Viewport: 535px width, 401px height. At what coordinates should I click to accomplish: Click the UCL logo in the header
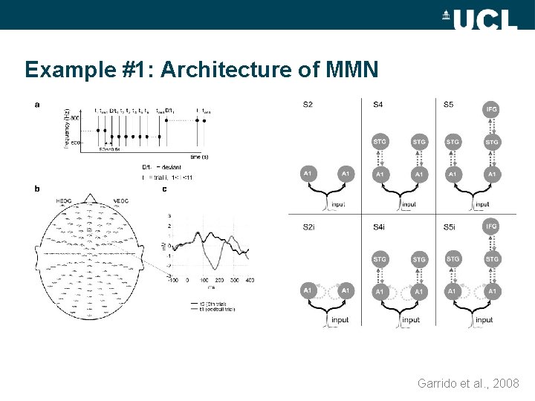480,16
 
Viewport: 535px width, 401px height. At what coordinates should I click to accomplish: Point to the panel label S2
308,104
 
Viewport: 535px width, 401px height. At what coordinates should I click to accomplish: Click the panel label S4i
380,226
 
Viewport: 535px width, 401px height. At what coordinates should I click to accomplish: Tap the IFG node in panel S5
491,110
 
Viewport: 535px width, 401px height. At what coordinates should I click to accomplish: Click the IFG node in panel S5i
491,226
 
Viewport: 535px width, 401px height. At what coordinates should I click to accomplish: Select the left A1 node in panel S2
308,174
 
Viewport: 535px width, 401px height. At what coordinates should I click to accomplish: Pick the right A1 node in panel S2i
345,291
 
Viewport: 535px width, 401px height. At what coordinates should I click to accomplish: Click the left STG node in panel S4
380,141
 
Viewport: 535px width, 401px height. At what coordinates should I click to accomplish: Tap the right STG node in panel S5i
491,259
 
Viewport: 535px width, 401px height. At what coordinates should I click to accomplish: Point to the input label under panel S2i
340,320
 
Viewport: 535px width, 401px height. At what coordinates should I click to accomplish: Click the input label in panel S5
482,204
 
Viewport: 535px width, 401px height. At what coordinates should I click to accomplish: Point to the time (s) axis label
199,157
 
